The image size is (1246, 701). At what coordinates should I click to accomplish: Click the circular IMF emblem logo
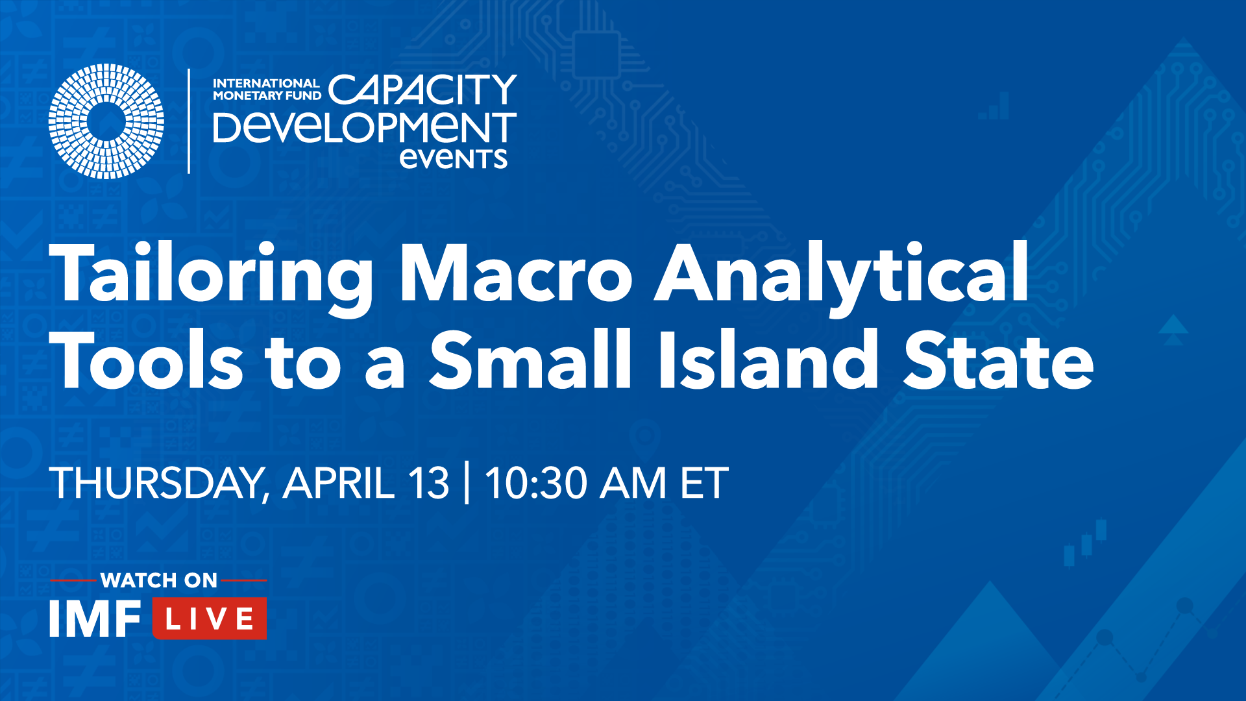[x=106, y=121]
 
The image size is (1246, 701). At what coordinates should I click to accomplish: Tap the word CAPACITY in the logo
[x=422, y=90]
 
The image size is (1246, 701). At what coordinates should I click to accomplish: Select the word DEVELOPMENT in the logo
[x=365, y=127]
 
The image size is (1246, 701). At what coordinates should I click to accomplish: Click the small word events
[x=453, y=158]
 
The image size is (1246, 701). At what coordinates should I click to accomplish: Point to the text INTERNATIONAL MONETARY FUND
[x=267, y=90]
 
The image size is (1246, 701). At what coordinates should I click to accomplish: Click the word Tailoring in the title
[x=212, y=275]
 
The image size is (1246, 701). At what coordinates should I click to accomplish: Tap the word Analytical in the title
[x=841, y=275]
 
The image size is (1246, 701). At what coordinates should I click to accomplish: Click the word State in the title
[x=999, y=361]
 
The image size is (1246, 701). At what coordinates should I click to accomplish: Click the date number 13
[x=428, y=484]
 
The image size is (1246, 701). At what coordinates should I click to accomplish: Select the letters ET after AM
[x=703, y=484]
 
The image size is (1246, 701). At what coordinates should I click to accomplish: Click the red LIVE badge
[x=210, y=618]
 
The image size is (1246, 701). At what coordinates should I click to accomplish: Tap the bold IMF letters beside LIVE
[x=95, y=619]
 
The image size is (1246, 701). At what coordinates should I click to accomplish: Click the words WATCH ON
[x=159, y=580]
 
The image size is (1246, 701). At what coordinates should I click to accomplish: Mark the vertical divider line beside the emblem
[x=189, y=121]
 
